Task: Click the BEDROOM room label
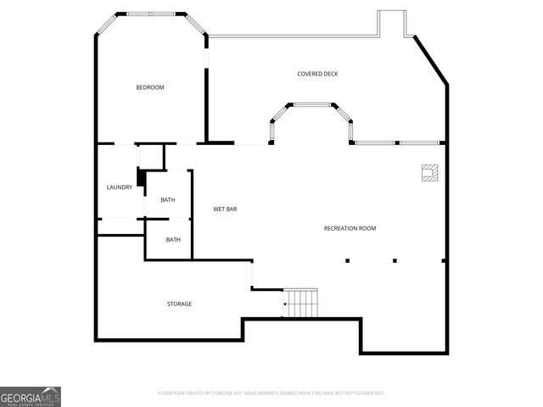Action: click(x=150, y=88)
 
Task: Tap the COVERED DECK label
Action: click(x=317, y=74)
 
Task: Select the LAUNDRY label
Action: click(x=119, y=187)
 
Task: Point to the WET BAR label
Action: click(x=225, y=209)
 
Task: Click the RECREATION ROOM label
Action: click(x=350, y=228)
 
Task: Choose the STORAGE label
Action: click(x=179, y=304)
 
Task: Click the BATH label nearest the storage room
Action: click(x=173, y=240)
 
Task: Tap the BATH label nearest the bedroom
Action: click(x=168, y=200)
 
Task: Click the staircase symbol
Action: click(x=300, y=303)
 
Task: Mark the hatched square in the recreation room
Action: click(x=429, y=172)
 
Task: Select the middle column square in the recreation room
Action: click(x=395, y=260)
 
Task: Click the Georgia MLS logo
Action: click(x=30, y=396)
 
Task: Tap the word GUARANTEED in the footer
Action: click(x=367, y=393)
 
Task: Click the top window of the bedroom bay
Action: click(x=152, y=13)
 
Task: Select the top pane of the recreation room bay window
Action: click(x=312, y=104)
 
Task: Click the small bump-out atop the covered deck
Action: click(x=391, y=23)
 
